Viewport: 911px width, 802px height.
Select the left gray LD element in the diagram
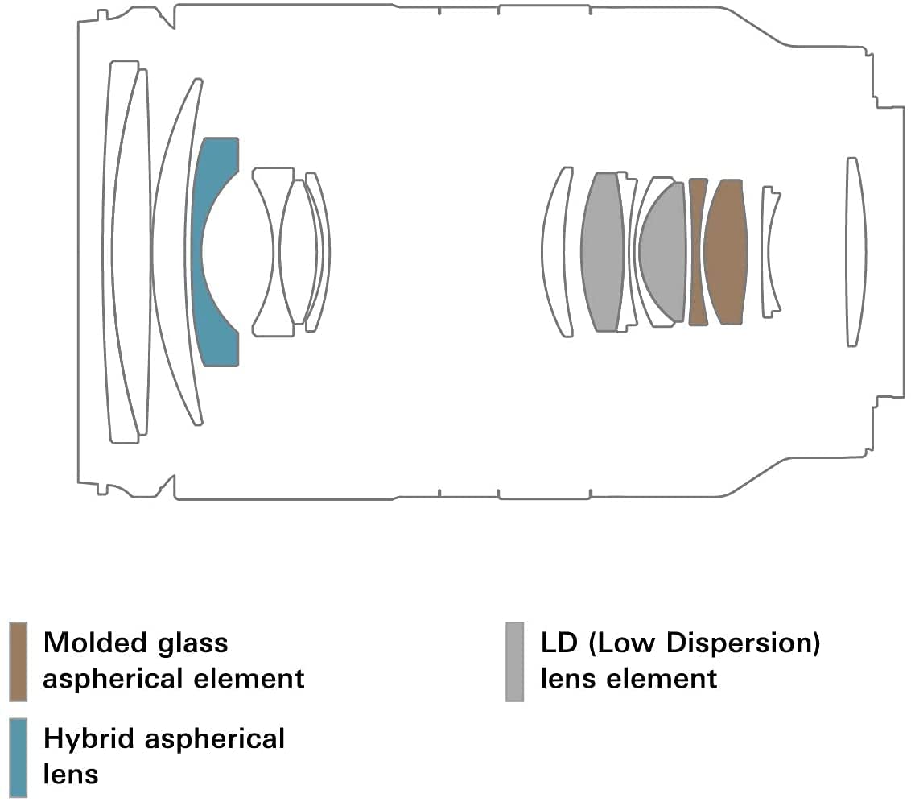tap(603, 251)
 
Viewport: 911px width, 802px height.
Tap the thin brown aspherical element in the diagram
tap(698, 251)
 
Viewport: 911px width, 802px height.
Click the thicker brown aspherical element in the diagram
tap(726, 251)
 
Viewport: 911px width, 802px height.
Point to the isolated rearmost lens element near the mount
tap(855, 251)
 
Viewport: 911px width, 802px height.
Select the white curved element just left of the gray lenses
tap(555, 251)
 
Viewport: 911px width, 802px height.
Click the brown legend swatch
tap(18, 661)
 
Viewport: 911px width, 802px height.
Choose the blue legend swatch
tap(18, 758)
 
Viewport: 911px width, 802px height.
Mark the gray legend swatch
tap(515, 661)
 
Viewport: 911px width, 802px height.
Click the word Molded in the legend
tap(91, 643)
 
